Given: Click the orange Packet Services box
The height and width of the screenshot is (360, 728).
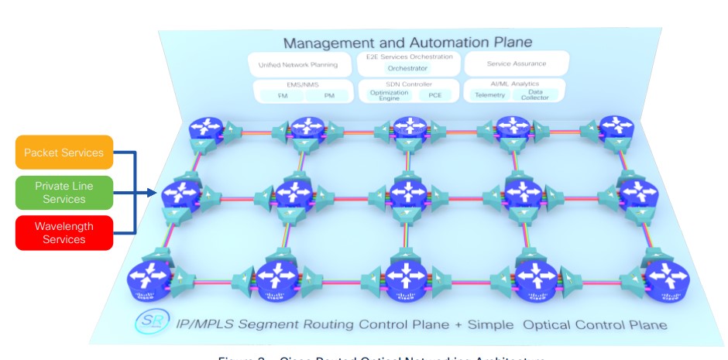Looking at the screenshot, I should pos(64,153).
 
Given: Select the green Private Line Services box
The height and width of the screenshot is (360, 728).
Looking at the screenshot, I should pos(64,193).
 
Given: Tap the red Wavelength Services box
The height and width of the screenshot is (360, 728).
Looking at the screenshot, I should pos(64,233).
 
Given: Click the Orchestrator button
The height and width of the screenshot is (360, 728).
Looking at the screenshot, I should pos(407,68).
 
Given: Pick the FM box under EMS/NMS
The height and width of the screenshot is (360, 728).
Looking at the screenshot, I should pos(281,96).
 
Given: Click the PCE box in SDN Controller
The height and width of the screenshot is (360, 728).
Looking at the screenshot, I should pos(432,95).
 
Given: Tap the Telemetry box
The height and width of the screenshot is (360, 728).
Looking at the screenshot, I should pos(489,95).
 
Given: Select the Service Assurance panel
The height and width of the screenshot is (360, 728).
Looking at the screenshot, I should pos(516,63).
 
